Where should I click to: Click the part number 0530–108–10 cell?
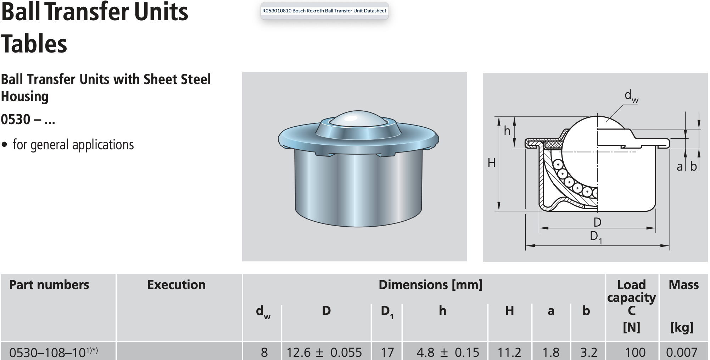[x=54, y=352]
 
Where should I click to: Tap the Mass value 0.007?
[x=682, y=352]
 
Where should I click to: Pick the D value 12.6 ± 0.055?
[x=324, y=352]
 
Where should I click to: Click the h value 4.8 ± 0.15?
[x=448, y=352]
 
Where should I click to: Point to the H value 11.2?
[x=509, y=352]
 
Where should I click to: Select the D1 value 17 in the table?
[x=387, y=352]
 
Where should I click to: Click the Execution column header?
[x=176, y=285]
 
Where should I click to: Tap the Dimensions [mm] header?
[x=430, y=285]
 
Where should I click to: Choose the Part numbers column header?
[x=49, y=285]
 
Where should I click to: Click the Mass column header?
[x=683, y=285]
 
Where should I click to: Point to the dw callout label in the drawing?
[x=631, y=96]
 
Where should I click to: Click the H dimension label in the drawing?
[x=491, y=163]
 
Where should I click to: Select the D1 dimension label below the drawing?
[x=596, y=237]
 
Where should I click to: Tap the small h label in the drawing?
[x=507, y=131]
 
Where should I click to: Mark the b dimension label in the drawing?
[x=694, y=166]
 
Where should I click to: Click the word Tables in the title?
[x=34, y=44]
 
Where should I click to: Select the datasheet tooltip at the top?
[x=324, y=11]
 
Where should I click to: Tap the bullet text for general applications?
[x=73, y=145]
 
